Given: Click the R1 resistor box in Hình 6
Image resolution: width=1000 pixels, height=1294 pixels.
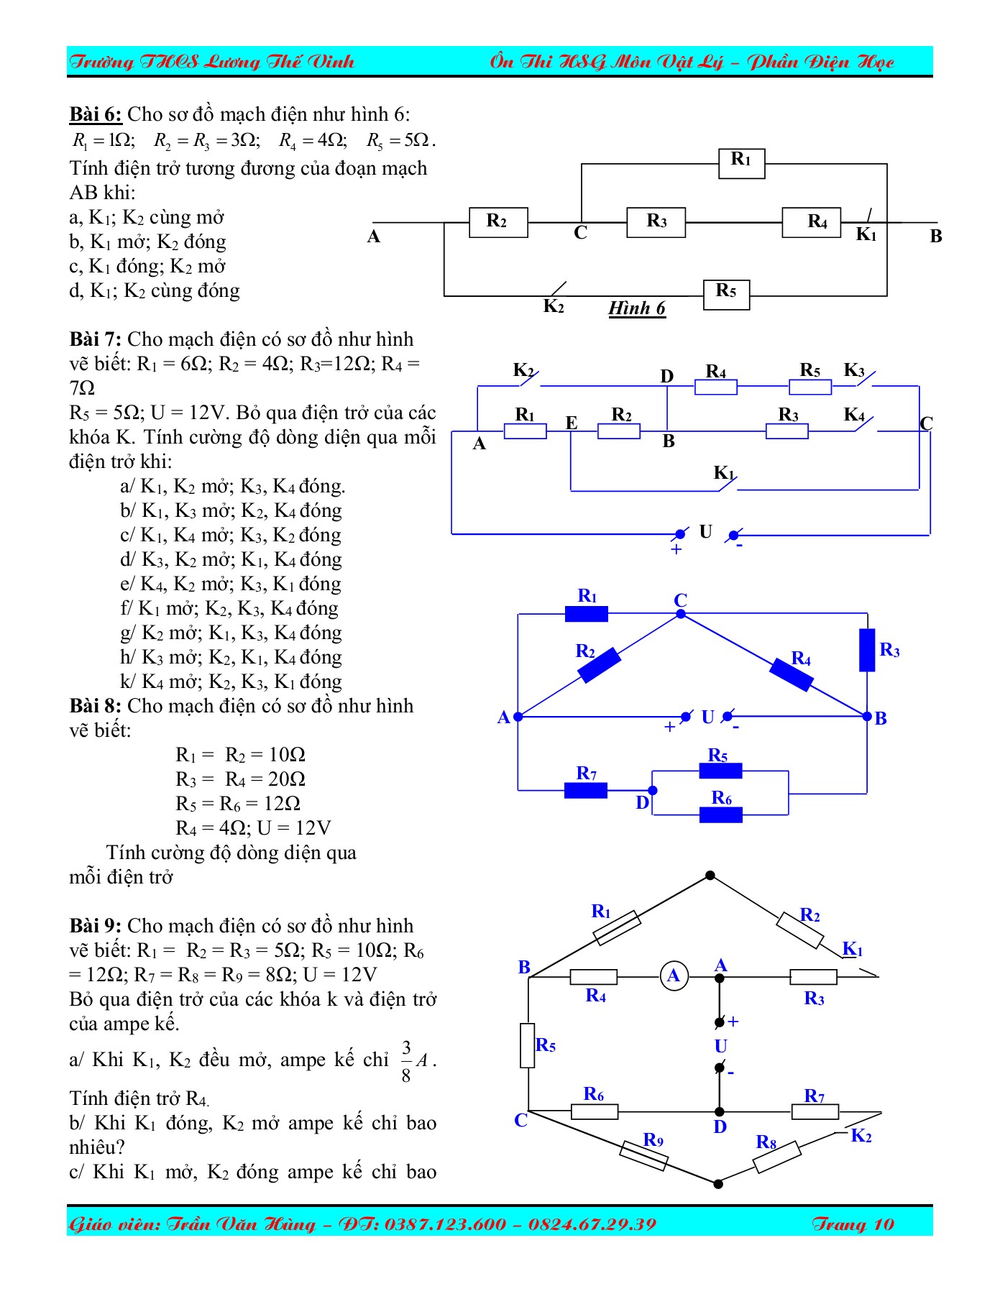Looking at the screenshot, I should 741,163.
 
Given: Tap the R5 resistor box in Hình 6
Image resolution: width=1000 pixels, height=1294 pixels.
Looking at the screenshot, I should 726,295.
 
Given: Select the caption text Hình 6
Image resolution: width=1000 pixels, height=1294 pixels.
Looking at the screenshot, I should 637,308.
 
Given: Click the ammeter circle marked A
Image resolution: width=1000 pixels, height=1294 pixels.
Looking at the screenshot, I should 674,976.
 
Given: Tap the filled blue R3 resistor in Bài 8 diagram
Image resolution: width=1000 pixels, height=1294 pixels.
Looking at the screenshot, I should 867,650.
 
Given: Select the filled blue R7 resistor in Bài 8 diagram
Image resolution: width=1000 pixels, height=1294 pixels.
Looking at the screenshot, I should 586,791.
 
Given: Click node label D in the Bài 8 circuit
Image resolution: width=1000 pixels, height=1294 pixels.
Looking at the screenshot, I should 642,803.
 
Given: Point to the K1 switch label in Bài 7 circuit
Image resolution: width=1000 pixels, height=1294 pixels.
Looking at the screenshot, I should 723,473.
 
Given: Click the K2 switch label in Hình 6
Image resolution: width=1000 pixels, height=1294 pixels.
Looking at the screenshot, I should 553,307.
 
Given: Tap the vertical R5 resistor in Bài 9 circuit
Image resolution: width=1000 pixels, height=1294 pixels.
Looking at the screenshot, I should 528,1045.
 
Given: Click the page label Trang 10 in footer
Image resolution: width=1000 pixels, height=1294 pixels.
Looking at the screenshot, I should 853,1224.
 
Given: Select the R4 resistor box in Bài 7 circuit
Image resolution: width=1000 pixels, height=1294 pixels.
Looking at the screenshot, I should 715,387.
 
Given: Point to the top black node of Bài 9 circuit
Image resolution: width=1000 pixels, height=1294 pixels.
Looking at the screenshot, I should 710,876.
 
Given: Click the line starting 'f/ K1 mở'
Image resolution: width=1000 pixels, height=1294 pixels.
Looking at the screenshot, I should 229,608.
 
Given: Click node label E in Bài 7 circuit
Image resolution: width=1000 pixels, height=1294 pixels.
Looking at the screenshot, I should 572,423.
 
